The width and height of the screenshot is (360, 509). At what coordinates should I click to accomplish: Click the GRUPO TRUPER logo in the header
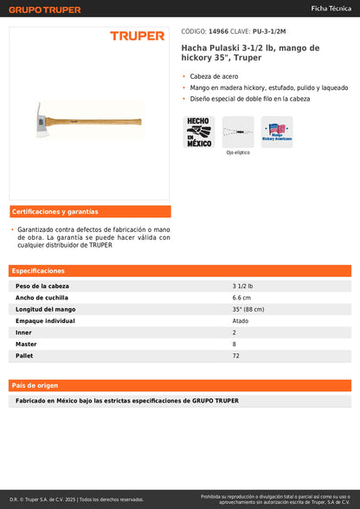point(45,10)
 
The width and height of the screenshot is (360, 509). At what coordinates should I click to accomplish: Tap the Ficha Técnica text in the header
point(331,8)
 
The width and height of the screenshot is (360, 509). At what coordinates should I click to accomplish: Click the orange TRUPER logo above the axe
point(137,35)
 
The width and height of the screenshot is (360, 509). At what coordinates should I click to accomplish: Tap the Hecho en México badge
point(199,132)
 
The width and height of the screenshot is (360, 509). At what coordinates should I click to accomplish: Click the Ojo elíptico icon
point(238,132)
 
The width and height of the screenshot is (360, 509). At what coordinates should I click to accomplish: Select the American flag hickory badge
point(277,132)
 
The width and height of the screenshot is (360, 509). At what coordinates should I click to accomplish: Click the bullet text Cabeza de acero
point(214,76)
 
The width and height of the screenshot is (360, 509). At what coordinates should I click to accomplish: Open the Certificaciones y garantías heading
point(55,211)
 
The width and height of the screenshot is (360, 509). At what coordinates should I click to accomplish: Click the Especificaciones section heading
point(38,271)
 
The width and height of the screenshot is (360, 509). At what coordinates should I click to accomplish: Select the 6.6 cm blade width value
point(241,297)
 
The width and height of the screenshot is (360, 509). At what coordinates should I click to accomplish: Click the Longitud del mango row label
point(46,309)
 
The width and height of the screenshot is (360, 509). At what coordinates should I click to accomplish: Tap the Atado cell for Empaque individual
point(241,320)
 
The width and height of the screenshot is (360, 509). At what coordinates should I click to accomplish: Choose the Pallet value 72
point(235,356)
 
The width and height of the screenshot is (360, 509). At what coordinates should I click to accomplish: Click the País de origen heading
point(35,384)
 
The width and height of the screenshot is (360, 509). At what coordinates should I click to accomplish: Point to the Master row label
point(26,344)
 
